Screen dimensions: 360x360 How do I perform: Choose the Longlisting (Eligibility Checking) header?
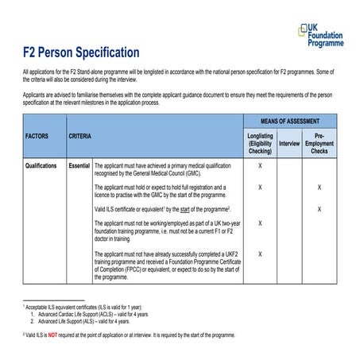pos(260,142)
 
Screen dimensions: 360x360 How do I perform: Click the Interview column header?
pos(289,143)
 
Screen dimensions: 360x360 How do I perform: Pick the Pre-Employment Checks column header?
pos(319,142)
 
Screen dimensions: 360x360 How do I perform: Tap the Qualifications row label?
pos(39,165)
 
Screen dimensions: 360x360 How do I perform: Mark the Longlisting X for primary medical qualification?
pos(260,165)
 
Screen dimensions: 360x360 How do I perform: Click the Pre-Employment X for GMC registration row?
pos(319,188)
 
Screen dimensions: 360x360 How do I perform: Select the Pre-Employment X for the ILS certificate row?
pos(319,208)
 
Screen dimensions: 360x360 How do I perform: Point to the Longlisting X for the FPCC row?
pos(260,251)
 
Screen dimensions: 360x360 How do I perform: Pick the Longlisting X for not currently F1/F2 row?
pos(260,223)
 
